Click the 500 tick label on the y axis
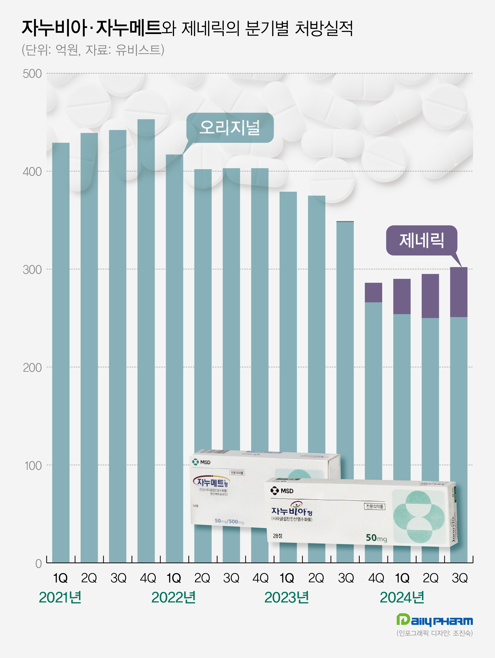pyautogui.click(x=32, y=74)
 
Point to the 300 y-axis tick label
pyautogui.click(x=32, y=270)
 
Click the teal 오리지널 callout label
pyautogui.click(x=230, y=128)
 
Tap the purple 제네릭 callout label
pyautogui.click(x=421, y=240)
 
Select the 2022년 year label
pyautogui.click(x=173, y=597)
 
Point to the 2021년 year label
pyautogui.click(x=60, y=597)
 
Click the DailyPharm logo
pyautogui.click(x=434, y=620)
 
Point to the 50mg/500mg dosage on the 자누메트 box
pyautogui.click(x=229, y=521)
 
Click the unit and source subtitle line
pyautogui.click(x=93, y=50)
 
